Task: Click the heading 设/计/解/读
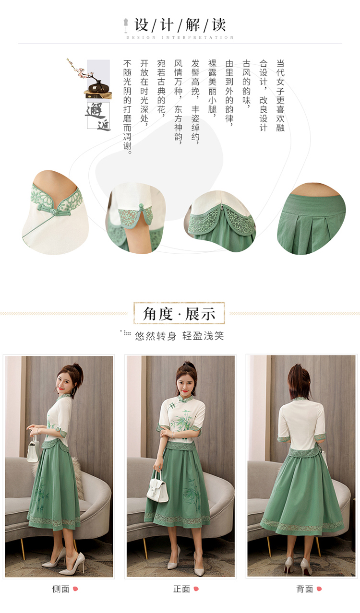[x=180, y=25]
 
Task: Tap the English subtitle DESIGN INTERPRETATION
[x=180, y=37]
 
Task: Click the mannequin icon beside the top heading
[x=126, y=25]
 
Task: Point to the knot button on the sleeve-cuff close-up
[x=141, y=207]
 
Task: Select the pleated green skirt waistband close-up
[x=312, y=219]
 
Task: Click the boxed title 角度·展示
[x=179, y=313]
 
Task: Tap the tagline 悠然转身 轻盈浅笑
[x=180, y=336]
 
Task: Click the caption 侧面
[x=60, y=589]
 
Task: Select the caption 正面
[x=181, y=589]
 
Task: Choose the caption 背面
[x=304, y=589]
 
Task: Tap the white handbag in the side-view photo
[x=33, y=450]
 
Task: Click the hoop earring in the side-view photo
[x=73, y=391]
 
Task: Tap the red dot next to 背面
[x=319, y=589]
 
